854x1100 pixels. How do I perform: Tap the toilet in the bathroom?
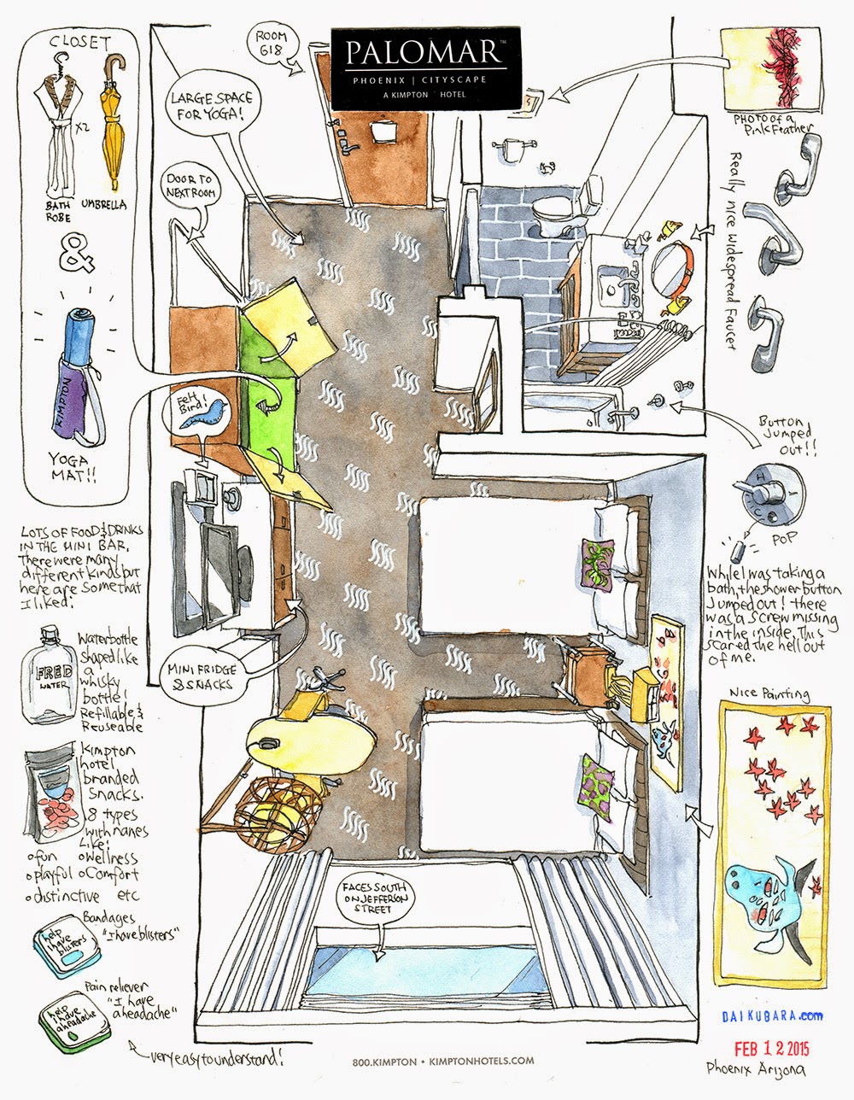click(x=552, y=214)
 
